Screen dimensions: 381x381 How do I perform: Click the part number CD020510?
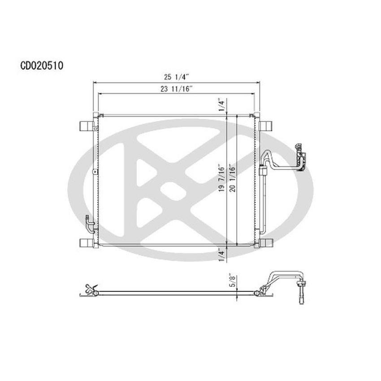pos(42,66)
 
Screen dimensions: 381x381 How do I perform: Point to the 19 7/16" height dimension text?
pos(221,178)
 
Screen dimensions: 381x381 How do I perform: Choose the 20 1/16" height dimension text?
pos(231,178)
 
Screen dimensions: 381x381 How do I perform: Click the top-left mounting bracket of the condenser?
pos(87,126)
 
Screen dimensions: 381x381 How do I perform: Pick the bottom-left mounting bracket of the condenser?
pos(87,242)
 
